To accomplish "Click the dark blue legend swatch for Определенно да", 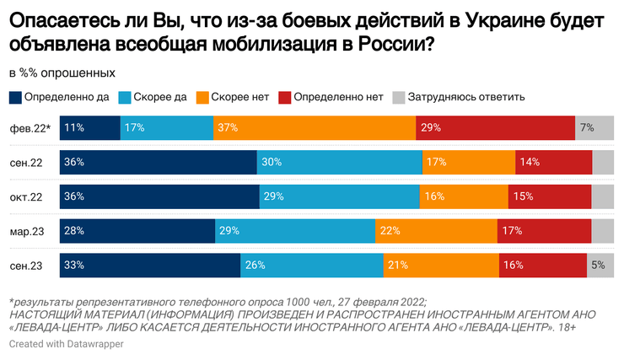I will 16,97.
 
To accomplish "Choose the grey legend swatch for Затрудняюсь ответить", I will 399,97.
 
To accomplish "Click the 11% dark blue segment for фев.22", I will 90,128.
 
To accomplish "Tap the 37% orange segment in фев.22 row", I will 315,128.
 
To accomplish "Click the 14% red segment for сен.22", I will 553,163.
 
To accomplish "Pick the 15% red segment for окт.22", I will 550,196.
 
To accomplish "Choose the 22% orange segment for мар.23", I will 436,230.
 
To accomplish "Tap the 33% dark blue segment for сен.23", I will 150,265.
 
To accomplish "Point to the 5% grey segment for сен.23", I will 600,265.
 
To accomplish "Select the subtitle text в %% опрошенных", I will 62,73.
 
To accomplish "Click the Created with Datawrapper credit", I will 61,345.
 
